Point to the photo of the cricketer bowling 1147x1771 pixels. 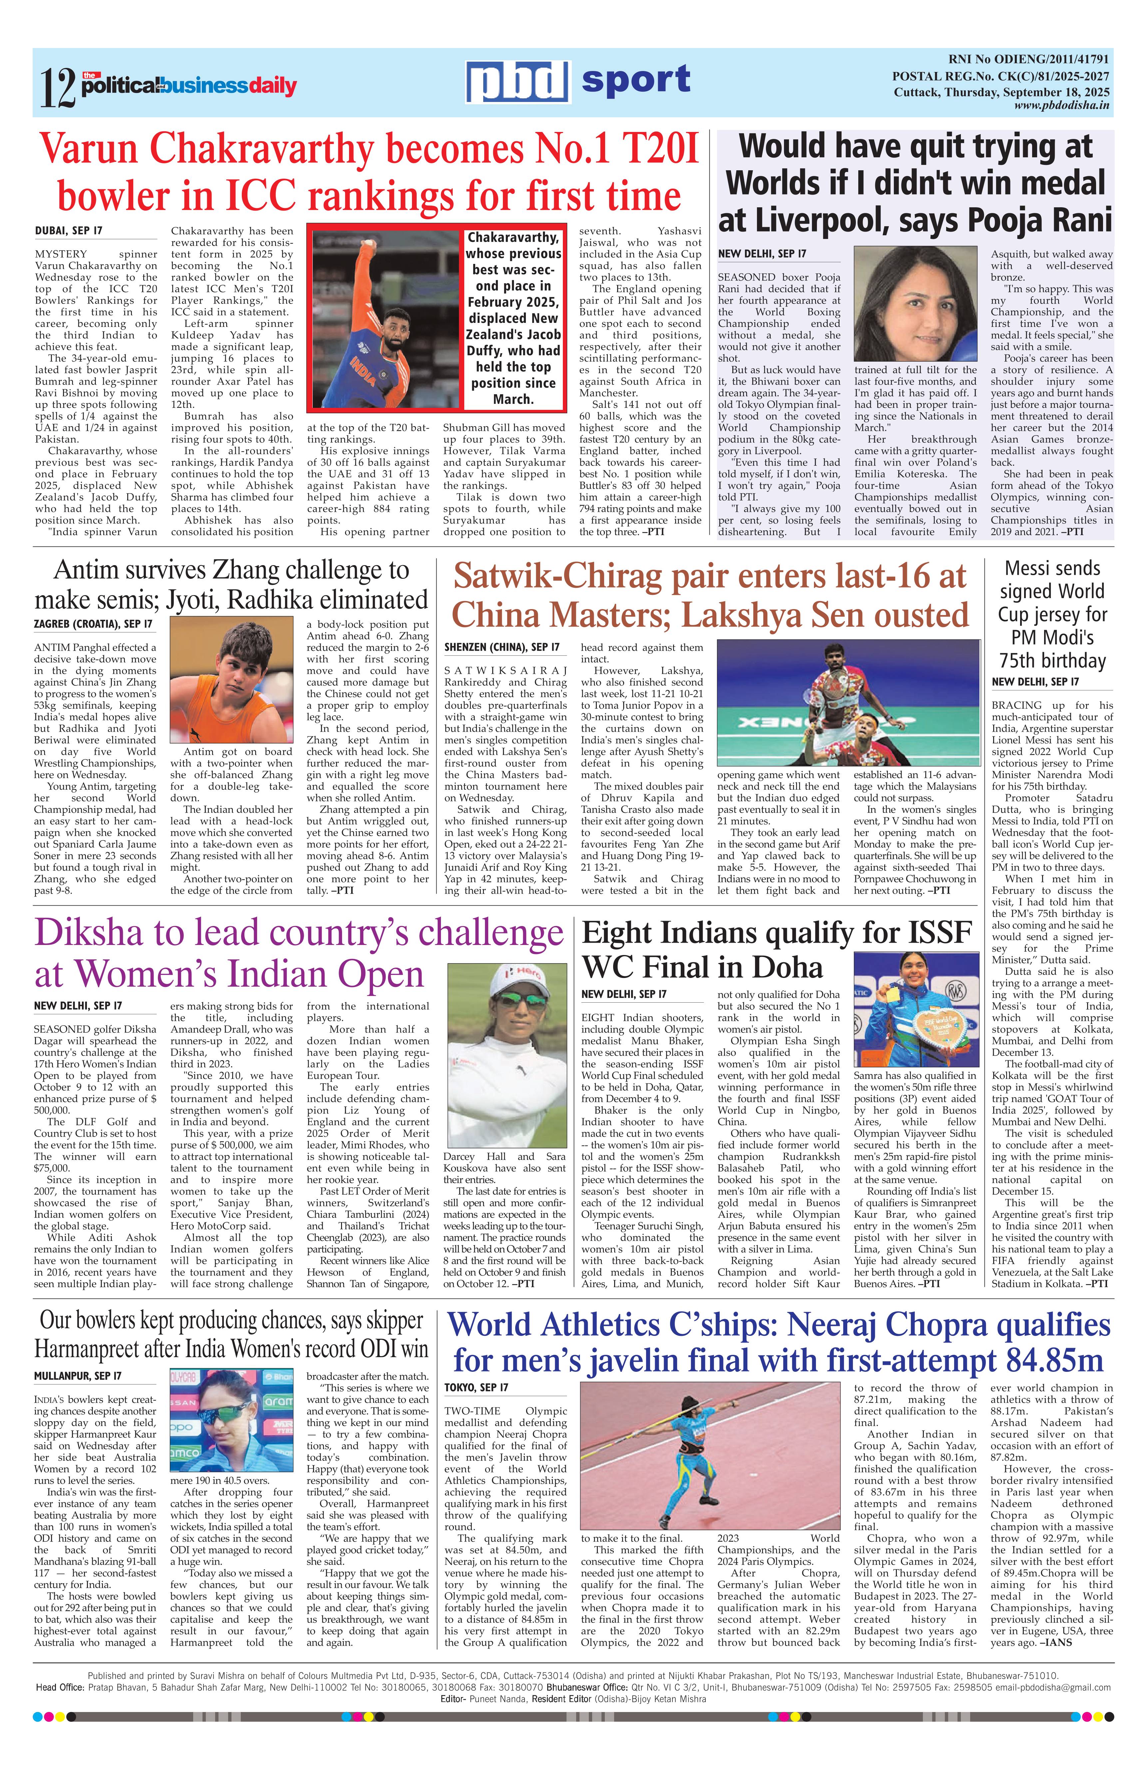385,319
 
